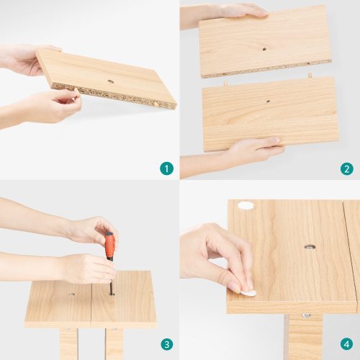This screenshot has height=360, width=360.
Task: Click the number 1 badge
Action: click(x=166, y=168)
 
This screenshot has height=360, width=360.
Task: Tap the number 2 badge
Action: click(x=346, y=168)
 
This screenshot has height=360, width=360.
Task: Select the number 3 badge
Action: click(x=166, y=344)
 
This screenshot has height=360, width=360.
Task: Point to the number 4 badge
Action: click(x=346, y=344)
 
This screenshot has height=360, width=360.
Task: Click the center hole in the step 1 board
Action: click(x=110, y=81)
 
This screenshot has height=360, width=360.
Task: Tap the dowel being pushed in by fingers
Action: click(x=77, y=92)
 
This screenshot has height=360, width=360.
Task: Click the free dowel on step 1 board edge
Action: click(x=156, y=104)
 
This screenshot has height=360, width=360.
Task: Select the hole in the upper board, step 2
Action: click(x=264, y=49)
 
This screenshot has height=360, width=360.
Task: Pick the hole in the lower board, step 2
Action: click(x=268, y=102)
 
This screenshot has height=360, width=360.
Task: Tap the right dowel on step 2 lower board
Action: click(x=310, y=76)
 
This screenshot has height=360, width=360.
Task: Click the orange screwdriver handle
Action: click(x=109, y=246)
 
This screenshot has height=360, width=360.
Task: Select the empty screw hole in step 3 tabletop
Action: click(x=71, y=294)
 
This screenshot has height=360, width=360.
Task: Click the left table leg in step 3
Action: click(x=68, y=343)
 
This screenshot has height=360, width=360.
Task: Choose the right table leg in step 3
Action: click(x=114, y=343)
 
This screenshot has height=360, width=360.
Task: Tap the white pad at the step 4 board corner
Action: click(x=246, y=207)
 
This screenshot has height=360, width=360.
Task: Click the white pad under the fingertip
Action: click(x=248, y=293)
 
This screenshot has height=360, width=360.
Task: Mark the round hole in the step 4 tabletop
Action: click(x=310, y=247)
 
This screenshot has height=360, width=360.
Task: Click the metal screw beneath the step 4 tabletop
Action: click(x=306, y=315)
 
